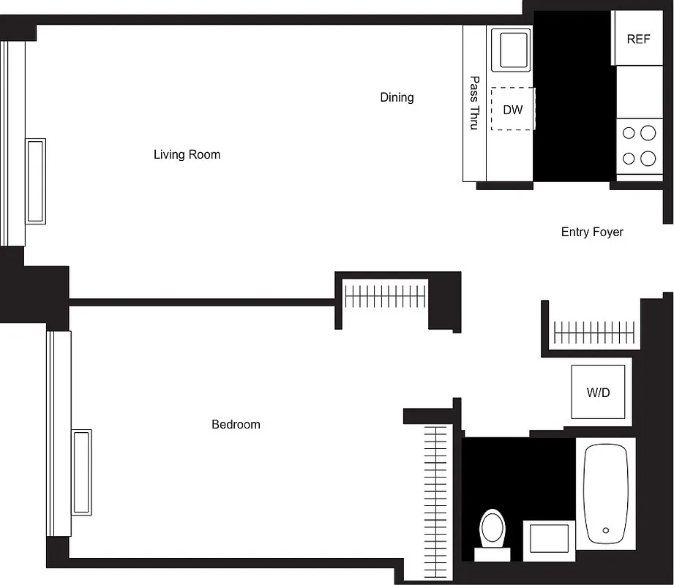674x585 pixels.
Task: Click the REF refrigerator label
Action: [x=638, y=39]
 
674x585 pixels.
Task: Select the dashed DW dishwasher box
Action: [x=513, y=109]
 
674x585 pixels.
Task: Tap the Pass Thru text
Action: [x=474, y=103]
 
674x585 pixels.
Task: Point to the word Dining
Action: [x=397, y=97]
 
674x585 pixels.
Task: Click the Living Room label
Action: [x=187, y=154]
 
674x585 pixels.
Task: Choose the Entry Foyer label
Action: [x=592, y=232]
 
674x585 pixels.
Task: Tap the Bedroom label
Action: [x=236, y=424]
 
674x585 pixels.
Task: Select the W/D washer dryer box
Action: [x=598, y=393]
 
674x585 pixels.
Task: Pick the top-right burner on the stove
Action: [x=648, y=133]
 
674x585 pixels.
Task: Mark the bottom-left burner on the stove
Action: [x=629, y=158]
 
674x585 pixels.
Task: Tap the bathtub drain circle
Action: [x=606, y=530]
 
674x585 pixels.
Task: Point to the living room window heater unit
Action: [x=36, y=181]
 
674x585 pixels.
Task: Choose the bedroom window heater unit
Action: [x=80, y=472]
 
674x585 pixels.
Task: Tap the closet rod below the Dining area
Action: [x=385, y=296]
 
